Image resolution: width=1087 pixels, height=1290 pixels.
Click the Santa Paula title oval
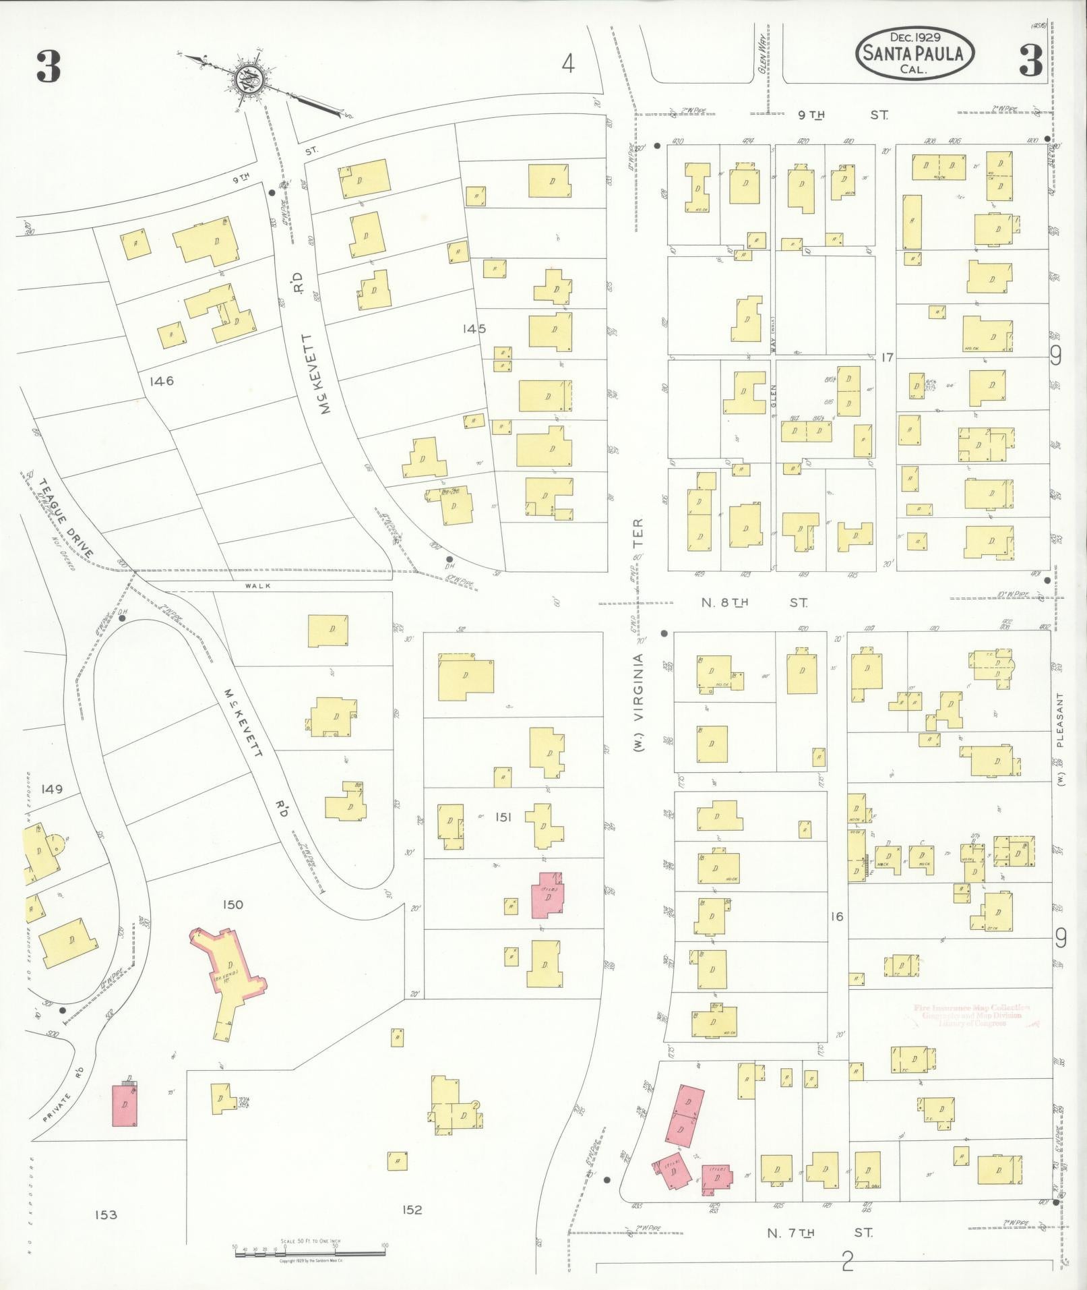(915, 53)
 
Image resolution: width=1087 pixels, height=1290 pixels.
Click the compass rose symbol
(249, 81)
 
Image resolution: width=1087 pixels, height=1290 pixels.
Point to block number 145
(474, 329)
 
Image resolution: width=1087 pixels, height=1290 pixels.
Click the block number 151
(503, 817)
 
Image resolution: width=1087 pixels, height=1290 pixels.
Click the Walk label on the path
(258, 586)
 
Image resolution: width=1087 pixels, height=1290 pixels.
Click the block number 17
(886, 357)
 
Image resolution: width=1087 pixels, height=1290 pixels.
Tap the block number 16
(836, 916)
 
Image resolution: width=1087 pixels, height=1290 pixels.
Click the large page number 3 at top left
(49, 67)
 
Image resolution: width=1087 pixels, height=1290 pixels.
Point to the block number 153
(106, 1215)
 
